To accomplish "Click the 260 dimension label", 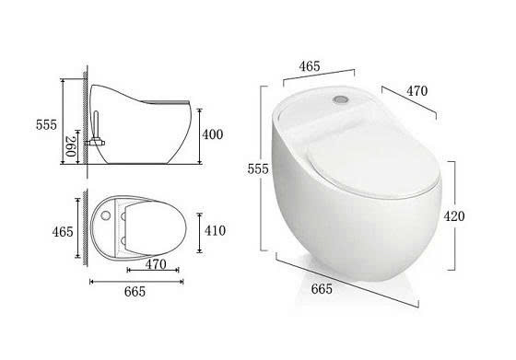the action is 71,146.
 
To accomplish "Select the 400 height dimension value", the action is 212,134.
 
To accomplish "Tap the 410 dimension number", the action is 215,230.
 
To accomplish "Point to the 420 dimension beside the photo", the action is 454,216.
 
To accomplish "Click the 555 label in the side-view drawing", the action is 46,125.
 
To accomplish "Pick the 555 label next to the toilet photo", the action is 258,169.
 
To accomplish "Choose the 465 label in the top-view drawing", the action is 63,232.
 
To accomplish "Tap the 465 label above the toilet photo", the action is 310,66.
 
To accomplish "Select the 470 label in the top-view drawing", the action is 156,264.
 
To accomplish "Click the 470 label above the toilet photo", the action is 416,91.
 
